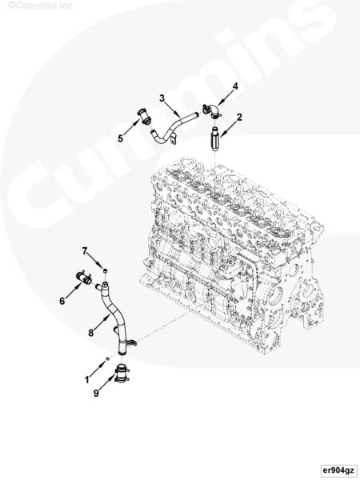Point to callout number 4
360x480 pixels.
[x=235, y=86]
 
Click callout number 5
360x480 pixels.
[x=120, y=138]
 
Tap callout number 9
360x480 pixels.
[x=96, y=393]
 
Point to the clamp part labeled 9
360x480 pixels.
[x=122, y=374]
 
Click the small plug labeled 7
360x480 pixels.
[x=105, y=272]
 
